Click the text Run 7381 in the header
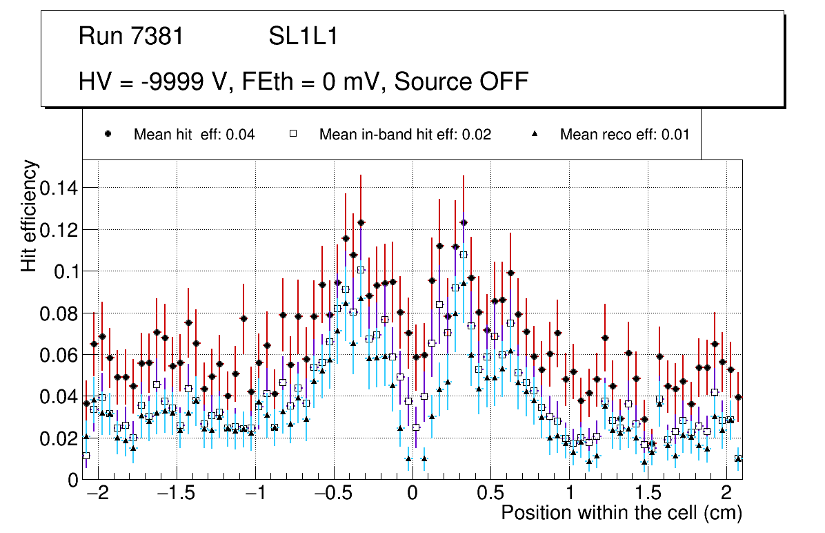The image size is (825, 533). click(131, 37)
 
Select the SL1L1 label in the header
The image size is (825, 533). click(303, 37)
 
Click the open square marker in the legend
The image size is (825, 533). click(292, 135)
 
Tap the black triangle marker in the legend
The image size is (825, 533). click(535, 135)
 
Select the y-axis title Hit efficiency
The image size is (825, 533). click(30, 216)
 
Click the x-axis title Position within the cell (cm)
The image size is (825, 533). click(621, 514)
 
